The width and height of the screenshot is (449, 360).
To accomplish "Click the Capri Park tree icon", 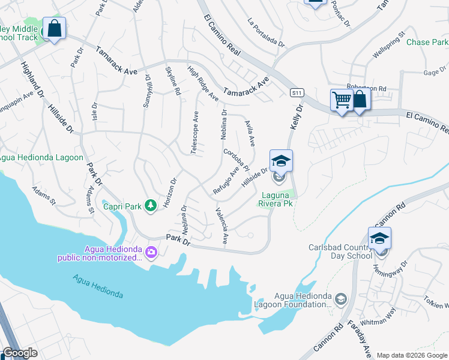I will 150,206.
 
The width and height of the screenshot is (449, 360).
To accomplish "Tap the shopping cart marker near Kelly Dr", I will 342,100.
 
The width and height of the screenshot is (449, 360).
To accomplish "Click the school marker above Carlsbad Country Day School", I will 379,239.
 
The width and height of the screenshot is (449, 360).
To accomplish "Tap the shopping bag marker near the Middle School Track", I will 54,29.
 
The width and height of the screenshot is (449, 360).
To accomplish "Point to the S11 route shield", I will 296,93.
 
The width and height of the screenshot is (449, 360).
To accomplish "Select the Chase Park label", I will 427,43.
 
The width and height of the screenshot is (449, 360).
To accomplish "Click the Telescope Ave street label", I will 194,133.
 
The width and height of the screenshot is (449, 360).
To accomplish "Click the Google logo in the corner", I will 20,353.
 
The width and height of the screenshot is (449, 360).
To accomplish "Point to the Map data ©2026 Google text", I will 411,355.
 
